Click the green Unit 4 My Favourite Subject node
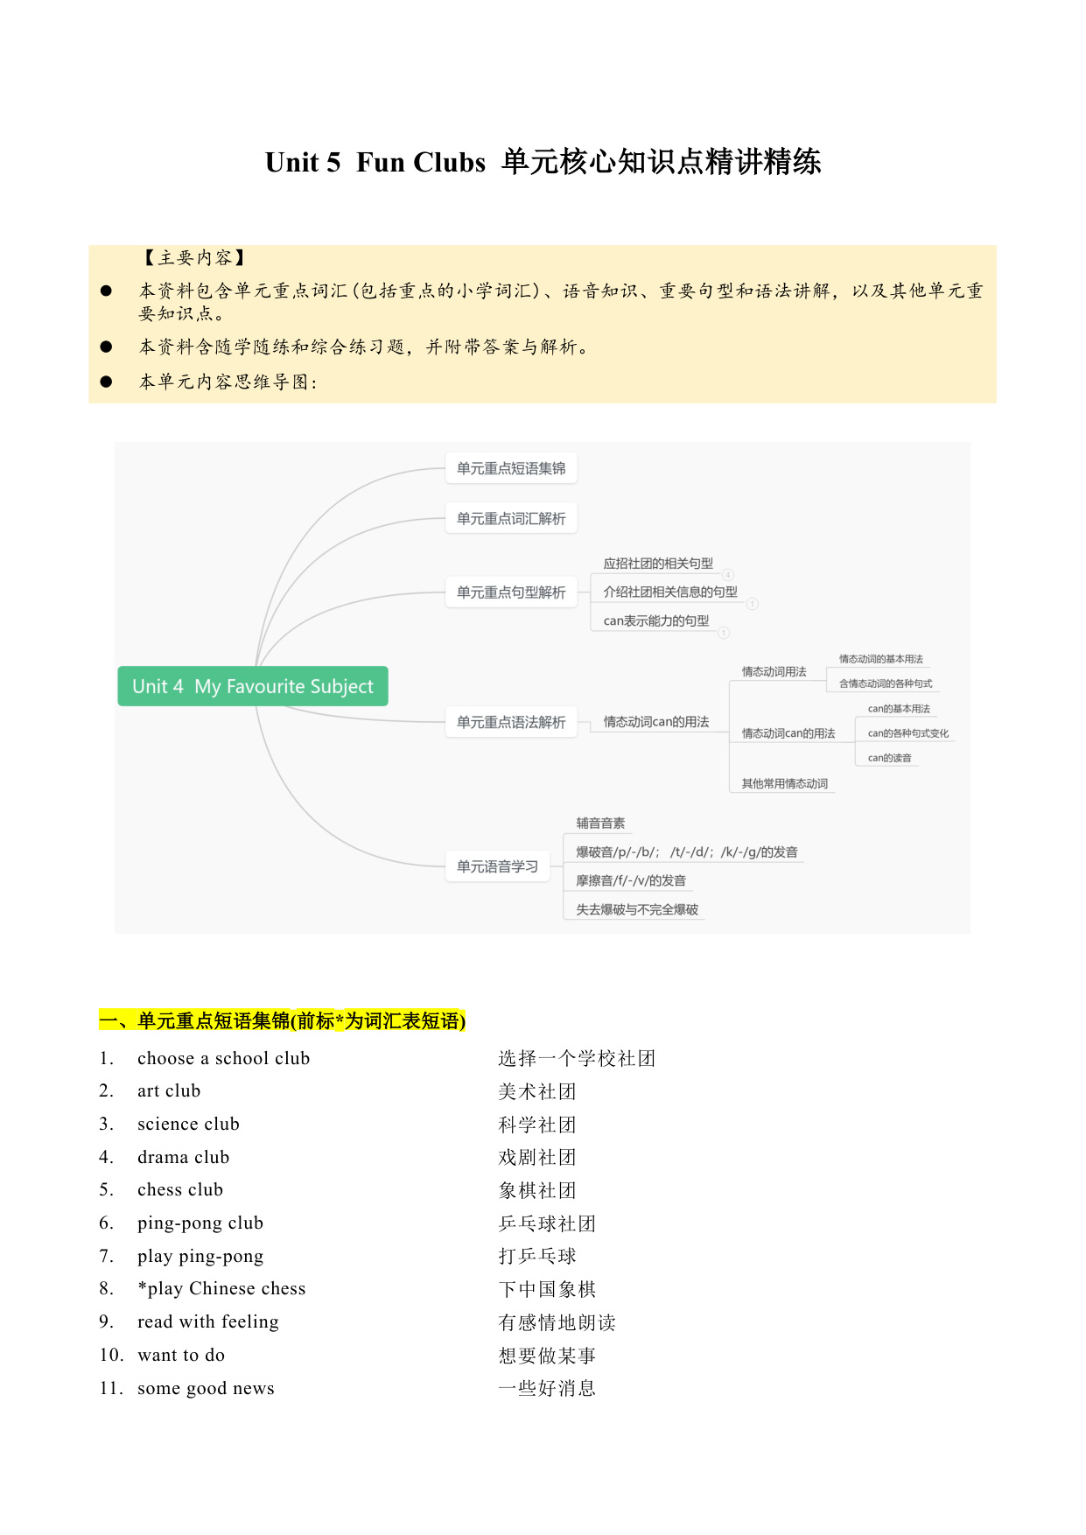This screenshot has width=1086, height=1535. coord(253,686)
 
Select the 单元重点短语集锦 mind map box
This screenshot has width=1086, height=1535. coord(511,468)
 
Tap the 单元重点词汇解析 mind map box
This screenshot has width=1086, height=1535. coord(511,518)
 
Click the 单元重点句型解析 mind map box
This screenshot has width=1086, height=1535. coord(511,592)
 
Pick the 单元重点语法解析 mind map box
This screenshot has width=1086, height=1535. coord(511,722)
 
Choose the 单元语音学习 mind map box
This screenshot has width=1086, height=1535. coord(497,866)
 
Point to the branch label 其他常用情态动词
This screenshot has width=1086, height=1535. coord(785,783)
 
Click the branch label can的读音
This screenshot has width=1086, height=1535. coord(890,758)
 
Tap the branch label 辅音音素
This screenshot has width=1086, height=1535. coord(600,823)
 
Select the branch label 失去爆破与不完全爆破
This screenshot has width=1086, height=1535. coord(637,909)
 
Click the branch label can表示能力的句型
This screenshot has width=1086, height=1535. coord(656,620)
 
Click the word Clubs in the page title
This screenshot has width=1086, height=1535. coord(449,163)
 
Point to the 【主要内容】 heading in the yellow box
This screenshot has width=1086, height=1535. coord(194,257)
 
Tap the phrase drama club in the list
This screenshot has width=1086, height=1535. coord(184,1157)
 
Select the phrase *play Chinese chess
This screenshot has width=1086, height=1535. coord(222,1288)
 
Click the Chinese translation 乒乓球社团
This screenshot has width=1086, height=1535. coord(547,1223)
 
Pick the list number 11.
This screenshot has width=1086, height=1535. coord(111,1388)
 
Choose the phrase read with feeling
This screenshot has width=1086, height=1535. coord(208,1321)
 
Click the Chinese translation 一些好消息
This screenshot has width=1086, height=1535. coord(547,1388)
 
